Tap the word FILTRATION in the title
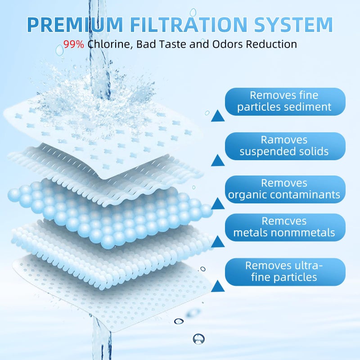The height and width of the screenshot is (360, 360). [x=195, y=24]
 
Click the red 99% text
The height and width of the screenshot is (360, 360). [x=74, y=45]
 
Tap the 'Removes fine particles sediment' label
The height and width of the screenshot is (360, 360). [x=284, y=101]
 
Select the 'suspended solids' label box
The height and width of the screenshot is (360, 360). [x=284, y=146]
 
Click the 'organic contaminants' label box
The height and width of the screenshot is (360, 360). [x=284, y=189]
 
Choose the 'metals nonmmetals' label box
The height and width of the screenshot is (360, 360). [x=284, y=227]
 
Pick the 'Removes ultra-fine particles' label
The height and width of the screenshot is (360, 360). [x=284, y=272]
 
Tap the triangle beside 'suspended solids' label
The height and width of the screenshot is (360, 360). [x=218, y=160]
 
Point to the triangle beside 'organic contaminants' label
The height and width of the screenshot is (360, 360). [x=218, y=203]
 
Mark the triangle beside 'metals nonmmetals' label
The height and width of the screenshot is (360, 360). [x=218, y=242]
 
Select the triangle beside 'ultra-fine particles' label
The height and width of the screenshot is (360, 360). [x=218, y=286]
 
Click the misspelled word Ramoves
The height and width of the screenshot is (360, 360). [x=284, y=140]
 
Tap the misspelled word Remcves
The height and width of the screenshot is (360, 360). [x=284, y=221]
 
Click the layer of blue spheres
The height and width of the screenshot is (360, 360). [x=108, y=209]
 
